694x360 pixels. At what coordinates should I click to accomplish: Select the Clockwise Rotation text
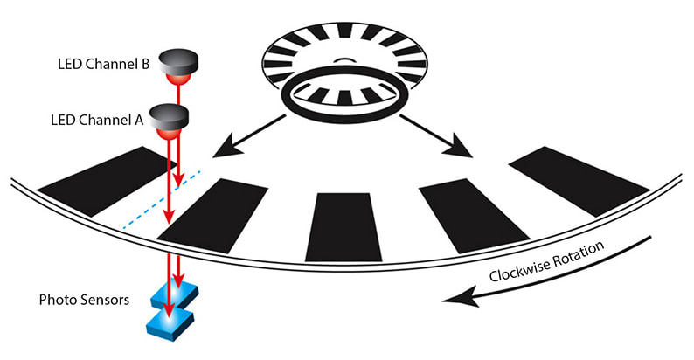[547, 261]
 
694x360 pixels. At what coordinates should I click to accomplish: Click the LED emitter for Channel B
[180, 66]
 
